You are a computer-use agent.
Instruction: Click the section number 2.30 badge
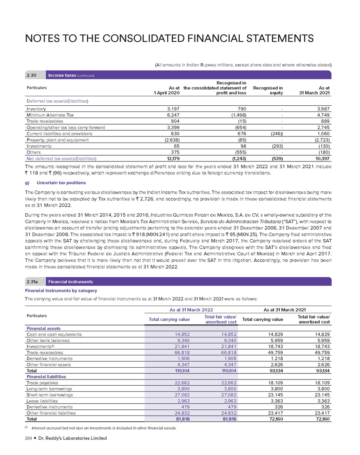(x=31, y=75)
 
